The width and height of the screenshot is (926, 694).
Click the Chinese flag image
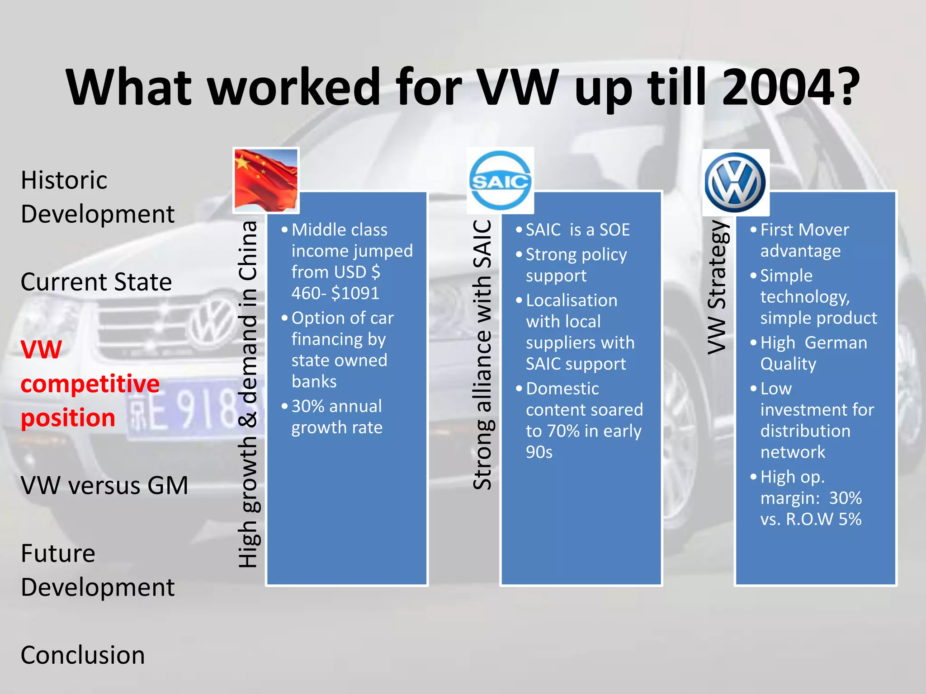(266, 180)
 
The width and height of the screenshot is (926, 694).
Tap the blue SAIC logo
(500, 180)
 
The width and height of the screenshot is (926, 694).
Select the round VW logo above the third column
(735, 182)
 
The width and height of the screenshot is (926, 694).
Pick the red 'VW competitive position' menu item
(90, 384)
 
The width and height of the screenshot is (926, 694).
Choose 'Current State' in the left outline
(96, 282)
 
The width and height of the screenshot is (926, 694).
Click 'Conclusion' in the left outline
(83, 655)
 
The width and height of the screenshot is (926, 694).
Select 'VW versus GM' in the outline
(104, 485)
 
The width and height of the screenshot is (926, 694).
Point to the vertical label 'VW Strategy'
(717, 287)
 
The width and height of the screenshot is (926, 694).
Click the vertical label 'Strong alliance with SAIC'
(482, 355)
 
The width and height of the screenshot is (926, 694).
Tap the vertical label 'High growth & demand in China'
(248, 394)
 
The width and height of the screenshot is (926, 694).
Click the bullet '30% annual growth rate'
(337, 417)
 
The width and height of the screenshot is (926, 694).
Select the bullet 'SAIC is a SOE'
(577, 230)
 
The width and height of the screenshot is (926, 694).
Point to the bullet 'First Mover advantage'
(804, 240)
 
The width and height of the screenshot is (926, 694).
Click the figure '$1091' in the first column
(355, 293)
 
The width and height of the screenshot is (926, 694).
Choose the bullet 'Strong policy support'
(576, 265)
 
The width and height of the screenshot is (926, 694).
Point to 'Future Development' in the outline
(98, 570)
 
